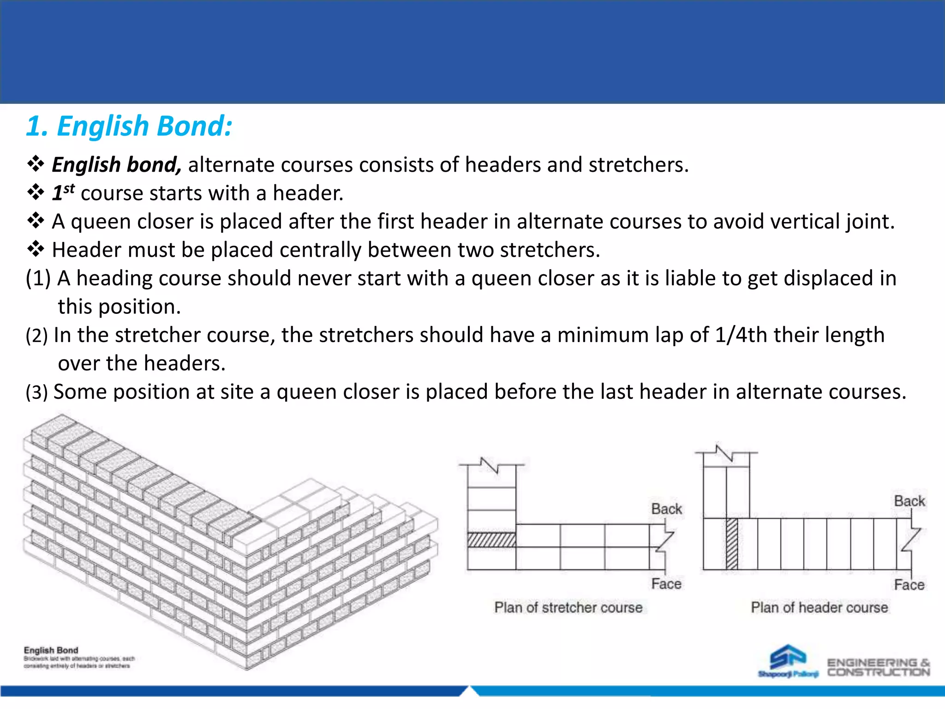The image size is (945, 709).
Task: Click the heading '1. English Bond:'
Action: pos(129,126)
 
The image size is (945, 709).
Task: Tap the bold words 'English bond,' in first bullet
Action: pos(116,165)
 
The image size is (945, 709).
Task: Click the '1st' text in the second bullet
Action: pos(63,192)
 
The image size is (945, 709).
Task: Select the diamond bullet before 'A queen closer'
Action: pos(36,221)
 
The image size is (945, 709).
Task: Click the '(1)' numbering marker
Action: pos(38,278)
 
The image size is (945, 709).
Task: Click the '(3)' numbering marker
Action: pos(37,392)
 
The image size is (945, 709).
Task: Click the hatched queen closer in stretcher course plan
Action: pos(491,540)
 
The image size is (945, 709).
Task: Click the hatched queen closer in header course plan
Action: pos(732,544)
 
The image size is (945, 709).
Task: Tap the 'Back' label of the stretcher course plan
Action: pos(666,509)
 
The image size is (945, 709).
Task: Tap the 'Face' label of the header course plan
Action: pos(909,585)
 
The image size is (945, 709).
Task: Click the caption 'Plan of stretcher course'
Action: pos(568,607)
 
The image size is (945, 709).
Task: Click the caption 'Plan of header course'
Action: pos(819,607)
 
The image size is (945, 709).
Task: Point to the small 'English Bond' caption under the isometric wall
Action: pos(51,650)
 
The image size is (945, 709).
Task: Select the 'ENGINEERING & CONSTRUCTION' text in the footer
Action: pos(878,667)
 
